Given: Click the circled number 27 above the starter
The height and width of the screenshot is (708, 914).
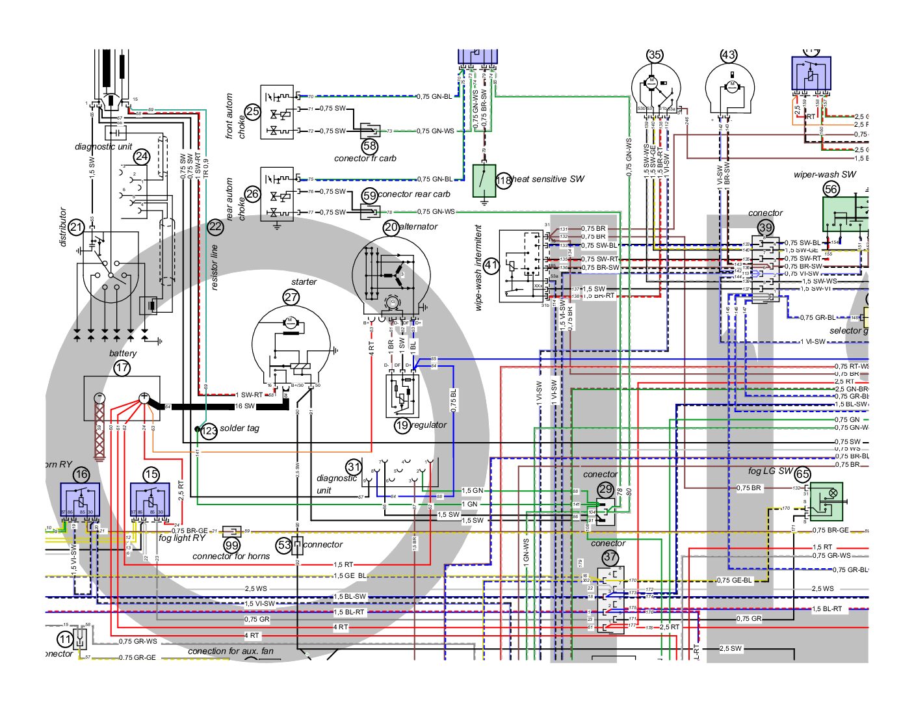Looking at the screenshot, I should tap(291, 297).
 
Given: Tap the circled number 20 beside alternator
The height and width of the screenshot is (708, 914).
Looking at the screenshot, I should tap(391, 227).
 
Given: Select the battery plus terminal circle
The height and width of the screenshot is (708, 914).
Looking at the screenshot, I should tap(144, 397).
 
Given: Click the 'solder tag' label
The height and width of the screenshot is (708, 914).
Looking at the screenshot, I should tap(239, 428).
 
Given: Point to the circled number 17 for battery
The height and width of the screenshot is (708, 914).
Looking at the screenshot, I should tap(122, 368).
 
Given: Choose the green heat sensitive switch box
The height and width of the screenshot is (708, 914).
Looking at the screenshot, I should tap(484, 181).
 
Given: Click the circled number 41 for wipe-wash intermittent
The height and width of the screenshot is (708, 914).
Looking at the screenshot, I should tap(491, 265).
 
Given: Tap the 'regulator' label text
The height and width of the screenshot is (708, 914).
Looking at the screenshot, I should tap(429, 425).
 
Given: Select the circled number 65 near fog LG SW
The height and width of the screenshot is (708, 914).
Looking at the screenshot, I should tap(803, 475).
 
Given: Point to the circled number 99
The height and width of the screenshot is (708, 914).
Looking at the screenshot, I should tap(231, 545).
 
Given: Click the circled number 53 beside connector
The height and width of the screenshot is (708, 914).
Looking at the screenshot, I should tap(284, 545).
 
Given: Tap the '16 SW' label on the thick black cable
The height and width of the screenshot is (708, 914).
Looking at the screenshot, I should tap(244, 406).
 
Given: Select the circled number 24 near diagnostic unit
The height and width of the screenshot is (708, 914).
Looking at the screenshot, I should tap(142, 157).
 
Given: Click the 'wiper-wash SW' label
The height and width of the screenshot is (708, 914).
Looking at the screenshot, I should tap(824, 174).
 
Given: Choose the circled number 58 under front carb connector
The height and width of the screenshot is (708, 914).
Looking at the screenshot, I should tap(370, 146).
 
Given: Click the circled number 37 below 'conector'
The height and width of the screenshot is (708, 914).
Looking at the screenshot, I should tap(610, 557).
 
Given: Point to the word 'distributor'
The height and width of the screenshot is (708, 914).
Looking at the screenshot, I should tap(63, 227).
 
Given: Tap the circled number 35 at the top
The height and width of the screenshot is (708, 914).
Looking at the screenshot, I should tap(655, 55).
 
